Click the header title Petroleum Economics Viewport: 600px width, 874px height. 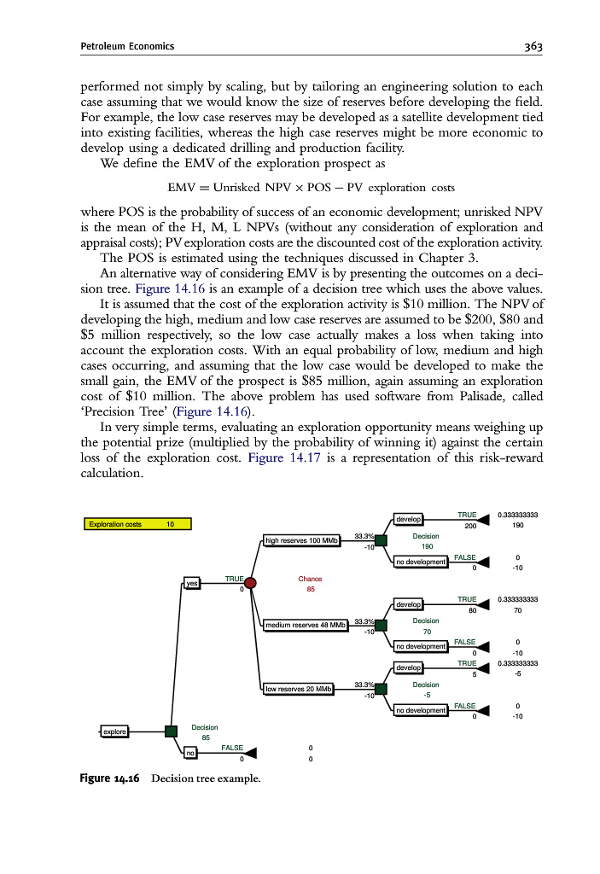(127, 46)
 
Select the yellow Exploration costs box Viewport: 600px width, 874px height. (137, 524)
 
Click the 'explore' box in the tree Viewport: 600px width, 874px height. (114, 731)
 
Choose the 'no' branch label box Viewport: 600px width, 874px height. (191, 753)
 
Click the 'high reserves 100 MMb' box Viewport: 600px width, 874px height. (303, 540)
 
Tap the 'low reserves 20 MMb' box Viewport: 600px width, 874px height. (299, 689)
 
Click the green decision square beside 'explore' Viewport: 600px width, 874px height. (171, 731)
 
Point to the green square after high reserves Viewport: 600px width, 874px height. (381, 540)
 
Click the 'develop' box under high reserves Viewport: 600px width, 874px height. (409, 519)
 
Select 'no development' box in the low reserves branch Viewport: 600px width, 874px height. (420, 710)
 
